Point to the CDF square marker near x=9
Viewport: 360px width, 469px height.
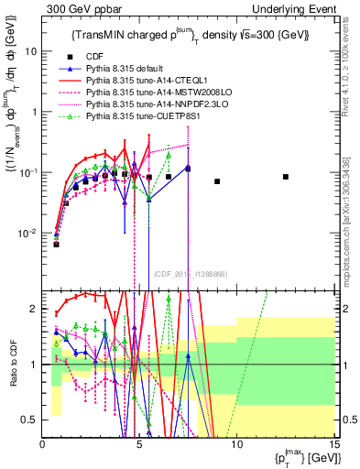[217, 181]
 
